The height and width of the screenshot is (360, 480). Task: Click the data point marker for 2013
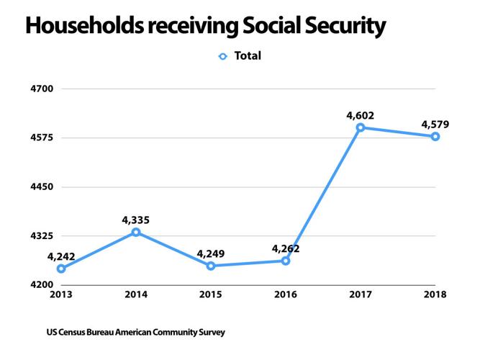(61, 269)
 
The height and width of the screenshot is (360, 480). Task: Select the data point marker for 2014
(136, 232)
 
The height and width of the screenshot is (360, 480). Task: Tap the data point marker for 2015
(211, 266)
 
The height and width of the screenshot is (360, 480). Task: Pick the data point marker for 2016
(286, 261)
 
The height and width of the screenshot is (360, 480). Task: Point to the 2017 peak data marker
(361, 127)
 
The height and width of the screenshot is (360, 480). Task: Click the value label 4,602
(360, 114)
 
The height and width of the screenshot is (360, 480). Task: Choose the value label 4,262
(286, 248)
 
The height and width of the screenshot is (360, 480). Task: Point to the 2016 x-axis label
(286, 294)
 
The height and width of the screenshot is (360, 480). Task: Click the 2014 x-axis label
(136, 294)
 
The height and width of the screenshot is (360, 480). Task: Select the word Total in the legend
(248, 55)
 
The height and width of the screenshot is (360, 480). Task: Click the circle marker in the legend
(222, 56)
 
